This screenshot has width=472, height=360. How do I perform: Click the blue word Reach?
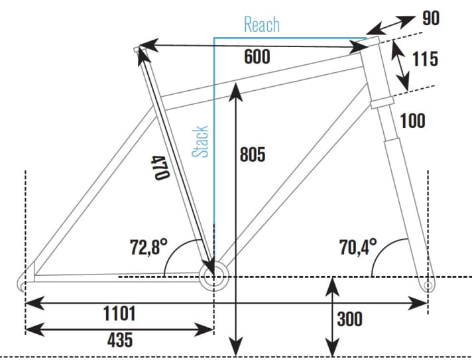click(x=262, y=25)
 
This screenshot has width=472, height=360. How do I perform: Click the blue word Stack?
click(x=201, y=142)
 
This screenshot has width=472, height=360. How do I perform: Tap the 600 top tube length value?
click(x=257, y=57)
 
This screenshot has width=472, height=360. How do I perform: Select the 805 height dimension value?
click(x=252, y=155)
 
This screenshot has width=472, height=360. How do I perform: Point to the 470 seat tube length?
click(x=160, y=168)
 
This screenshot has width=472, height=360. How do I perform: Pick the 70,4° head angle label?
click(x=358, y=248)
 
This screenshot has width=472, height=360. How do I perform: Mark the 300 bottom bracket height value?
click(x=349, y=319)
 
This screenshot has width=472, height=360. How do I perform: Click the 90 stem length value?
click(x=431, y=18)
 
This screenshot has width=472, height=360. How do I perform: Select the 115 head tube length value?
click(x=425, y=59)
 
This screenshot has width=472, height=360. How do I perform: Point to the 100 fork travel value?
click(x=412, y=121)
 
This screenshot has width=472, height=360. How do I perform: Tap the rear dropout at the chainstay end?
click(x=22, y=284)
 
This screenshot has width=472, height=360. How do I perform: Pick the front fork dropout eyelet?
click(x=428, y=284)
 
